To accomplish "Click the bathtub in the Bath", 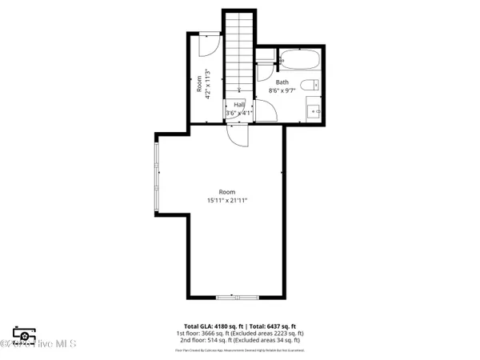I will (299, 59).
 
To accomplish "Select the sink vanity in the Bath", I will (314, 111).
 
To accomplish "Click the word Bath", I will (282, 82).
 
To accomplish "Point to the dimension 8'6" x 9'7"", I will (282, 91).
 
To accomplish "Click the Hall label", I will (238, 105).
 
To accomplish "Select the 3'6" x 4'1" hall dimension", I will (238, 114).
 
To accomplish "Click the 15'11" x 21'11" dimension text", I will (227, 201).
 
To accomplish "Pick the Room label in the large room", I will (227, 192).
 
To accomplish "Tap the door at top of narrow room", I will (206, 44).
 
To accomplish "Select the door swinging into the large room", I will (238, 135).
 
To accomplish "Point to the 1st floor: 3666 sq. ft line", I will (240, 334).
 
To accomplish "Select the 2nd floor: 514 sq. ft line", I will (240, 340).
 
